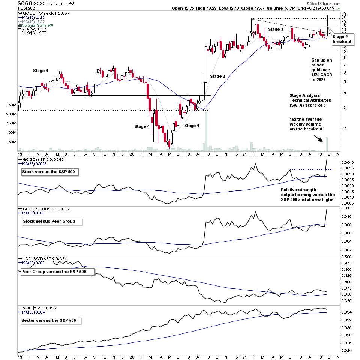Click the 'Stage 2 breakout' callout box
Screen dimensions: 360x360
pyautogui.click(x=342, y=39)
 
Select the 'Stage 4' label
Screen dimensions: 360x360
pyautogui.click(x=142, y=126)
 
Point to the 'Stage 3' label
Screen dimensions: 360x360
pyautogui.click(x=276, y=29)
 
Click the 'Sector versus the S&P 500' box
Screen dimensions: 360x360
pyautogui.click(x=51, y=320)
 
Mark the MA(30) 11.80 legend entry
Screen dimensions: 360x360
pyautogui.click(x=31, y=17)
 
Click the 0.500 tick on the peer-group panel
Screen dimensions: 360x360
pyautogui.click(x=346, y=256)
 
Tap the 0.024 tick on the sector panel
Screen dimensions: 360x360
pyautogui.click(x=346, y=351)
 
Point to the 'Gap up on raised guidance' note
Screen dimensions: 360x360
pyautogui.click(x=322, y=70)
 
